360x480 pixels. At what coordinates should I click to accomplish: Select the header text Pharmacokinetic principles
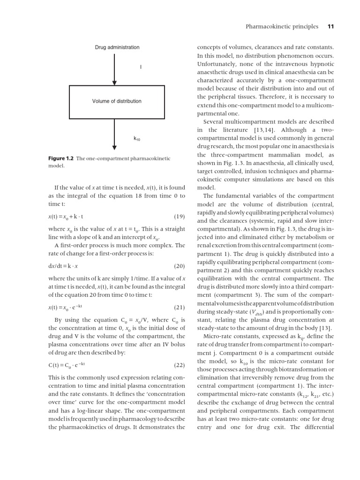coord(282,26)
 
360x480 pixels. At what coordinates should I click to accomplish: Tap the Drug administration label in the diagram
coord(117,47)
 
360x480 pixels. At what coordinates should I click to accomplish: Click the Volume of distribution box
coord(117,101)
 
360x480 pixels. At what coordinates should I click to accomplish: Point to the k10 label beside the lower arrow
coord(137,139)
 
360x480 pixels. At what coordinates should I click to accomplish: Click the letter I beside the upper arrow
coord(141,67)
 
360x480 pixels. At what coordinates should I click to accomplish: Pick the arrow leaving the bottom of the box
coord(114,134)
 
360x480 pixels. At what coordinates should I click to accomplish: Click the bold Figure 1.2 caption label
coord(60,158)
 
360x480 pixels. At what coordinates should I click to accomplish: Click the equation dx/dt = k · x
coord(63,266)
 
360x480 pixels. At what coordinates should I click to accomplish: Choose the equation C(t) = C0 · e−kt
coord(67,365)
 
